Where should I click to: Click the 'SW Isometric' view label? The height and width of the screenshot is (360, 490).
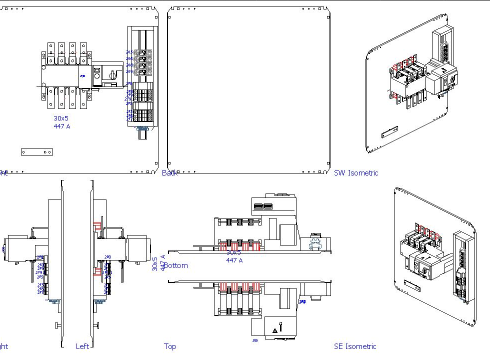click(x=356, y=173)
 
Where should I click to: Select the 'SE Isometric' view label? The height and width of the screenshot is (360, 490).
click(x=355, y=346)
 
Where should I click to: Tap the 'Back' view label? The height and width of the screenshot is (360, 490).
click(x=169, y=173)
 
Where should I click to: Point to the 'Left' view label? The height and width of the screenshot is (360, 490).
click(x=82, y=346)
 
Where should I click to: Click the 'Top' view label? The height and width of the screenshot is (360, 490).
click(x=170, y=346)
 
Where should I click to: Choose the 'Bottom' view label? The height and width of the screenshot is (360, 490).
click(x=176, y=265)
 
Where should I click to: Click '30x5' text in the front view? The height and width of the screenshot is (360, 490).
click(x=61, y=118)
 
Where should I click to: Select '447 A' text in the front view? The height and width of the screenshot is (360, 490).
click(x=62, y=126)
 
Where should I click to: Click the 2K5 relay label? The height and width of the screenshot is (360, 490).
click(x=129, y=52)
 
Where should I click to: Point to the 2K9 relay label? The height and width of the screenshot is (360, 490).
click(x=129, y=71)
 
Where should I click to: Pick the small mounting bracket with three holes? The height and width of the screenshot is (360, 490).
click(x=37, y=151)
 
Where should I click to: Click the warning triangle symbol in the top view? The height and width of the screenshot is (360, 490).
click(x=274, y=330)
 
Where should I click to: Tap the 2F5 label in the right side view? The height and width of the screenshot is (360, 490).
click(x=39, y=276)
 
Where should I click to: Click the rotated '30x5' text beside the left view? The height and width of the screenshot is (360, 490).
click(x=155, y=264)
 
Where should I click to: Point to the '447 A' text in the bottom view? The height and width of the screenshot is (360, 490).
click(x=234, y=260)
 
